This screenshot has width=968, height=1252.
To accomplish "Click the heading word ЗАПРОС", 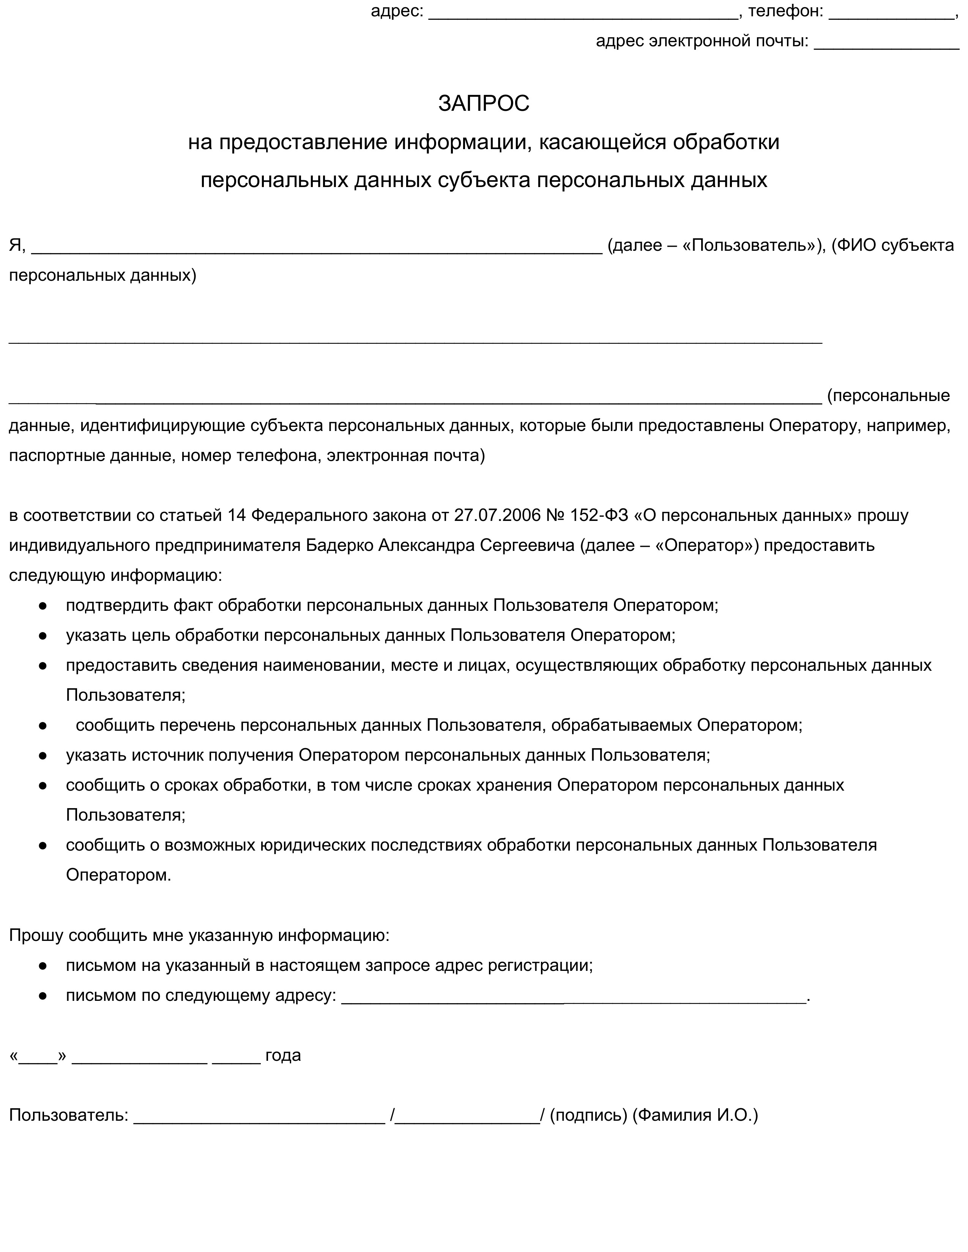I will coord(483,104).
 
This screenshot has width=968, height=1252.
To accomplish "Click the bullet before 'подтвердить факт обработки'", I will coord(43,606).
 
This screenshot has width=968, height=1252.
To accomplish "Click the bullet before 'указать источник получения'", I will coord(43,755).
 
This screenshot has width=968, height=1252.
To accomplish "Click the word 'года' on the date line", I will coord(283,1055).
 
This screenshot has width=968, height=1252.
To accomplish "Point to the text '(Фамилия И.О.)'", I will coord(695,1115).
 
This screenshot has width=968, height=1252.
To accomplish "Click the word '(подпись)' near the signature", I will coord(588,1115).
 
